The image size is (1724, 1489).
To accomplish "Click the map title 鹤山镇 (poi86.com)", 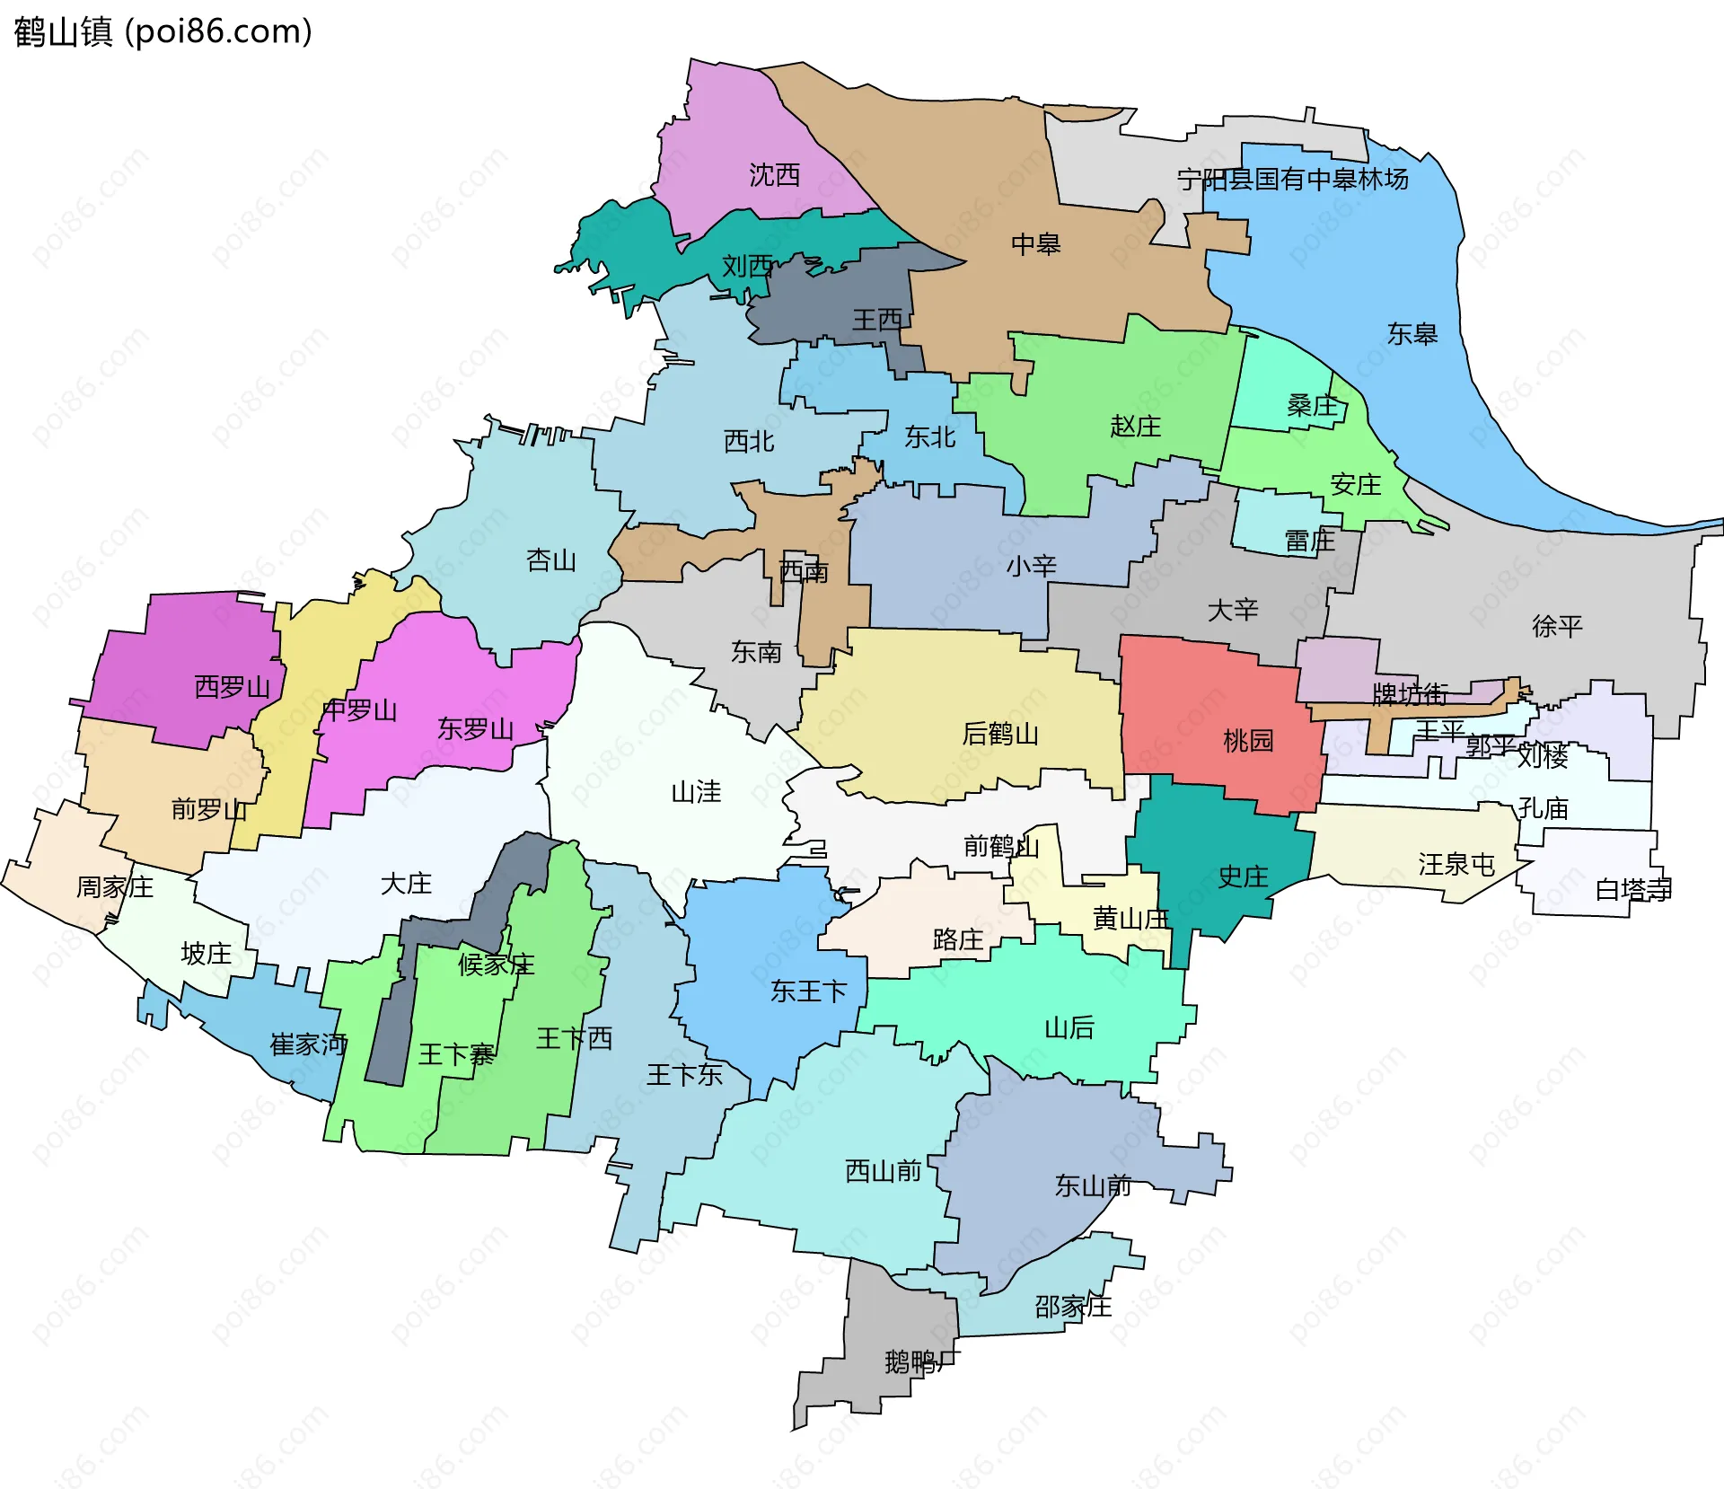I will click(163, 32).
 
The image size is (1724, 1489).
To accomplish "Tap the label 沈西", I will click(774, 175).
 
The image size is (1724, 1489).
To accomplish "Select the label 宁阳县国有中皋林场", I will click(1292, 180).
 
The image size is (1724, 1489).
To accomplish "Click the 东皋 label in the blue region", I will click(1412, 334).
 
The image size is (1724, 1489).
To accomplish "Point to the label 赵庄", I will click(1135, 426).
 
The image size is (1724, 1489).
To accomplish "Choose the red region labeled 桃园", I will click(1247, 741).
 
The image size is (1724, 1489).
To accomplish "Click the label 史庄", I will click(1242, 877).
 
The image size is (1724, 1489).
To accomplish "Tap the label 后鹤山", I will click(999, 734).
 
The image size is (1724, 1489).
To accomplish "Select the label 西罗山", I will click(232, 687).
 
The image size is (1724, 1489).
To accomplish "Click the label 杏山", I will click(550, 560).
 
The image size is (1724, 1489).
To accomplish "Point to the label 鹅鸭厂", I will click(921, 1361).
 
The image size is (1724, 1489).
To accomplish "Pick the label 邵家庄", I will click(1072, 1306).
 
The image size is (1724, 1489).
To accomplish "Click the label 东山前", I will click(1092, 1185).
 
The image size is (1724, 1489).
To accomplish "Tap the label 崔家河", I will click(308, 1044).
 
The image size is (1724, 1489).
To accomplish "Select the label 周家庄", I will click(114, 887).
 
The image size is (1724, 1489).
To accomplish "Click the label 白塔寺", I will click(1632, 889).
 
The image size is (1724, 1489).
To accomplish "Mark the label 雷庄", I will click(1309, 541).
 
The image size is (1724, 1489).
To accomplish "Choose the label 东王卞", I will click(808, 991).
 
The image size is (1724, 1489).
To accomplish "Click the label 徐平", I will click(1556, 626).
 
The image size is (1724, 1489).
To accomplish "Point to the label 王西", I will click(876, 320).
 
